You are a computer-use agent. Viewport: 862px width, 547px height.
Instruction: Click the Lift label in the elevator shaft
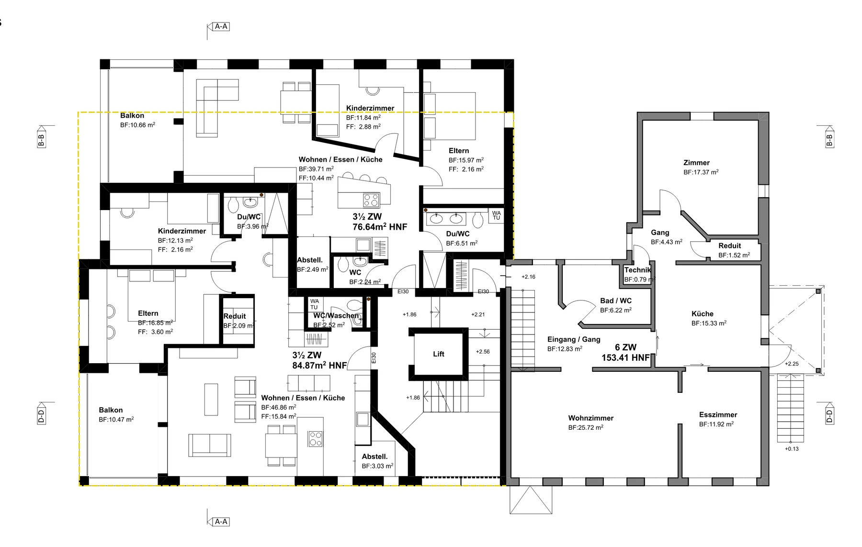click(439, 354)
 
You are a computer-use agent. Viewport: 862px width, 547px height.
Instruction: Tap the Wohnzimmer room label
click(591, 418)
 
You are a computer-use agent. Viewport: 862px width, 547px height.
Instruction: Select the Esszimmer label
click(718, 415)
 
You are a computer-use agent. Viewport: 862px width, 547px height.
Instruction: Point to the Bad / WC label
click(616, 301)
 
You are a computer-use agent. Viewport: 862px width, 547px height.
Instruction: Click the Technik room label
click(637, 270)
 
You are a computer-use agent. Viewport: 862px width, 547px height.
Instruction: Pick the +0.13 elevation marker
click(792, 449)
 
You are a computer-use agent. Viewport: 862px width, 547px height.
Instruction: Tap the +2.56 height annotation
click(483, 352)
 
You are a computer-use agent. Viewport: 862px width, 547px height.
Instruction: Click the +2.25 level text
click(792, 364)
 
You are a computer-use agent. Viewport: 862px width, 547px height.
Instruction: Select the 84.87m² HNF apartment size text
click(319, 366)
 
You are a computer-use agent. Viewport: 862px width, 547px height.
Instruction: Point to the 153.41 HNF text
click(625, 357)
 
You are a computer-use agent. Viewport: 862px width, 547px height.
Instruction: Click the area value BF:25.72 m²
click(586, 427)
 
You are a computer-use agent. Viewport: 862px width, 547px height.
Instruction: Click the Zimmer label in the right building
click(696, 163)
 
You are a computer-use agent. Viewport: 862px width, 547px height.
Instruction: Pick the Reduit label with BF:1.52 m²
click(729, 246)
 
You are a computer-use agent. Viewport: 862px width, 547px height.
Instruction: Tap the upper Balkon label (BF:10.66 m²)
click(132, 116)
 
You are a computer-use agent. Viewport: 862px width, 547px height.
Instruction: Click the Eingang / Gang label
click(574, 339)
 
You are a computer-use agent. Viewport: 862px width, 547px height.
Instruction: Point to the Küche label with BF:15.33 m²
click(703, 314)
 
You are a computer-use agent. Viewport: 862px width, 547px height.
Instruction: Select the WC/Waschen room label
click(336, 316)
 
